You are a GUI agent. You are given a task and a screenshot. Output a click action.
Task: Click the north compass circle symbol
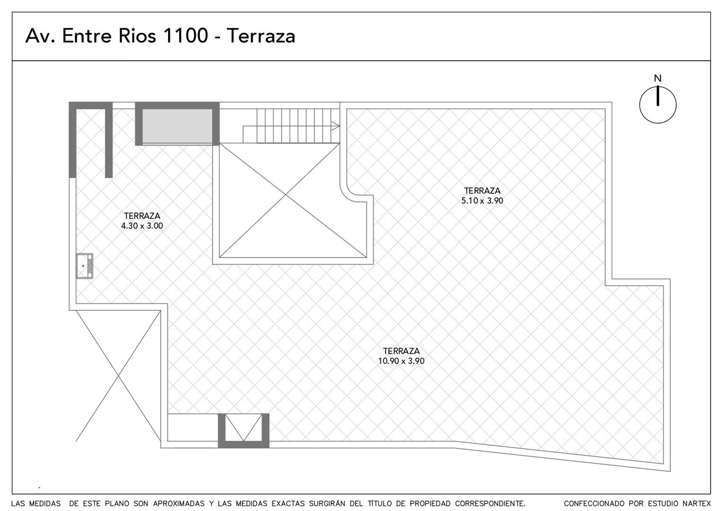[x=641, y=105]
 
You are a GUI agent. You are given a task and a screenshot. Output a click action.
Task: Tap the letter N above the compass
[x=658, y=78]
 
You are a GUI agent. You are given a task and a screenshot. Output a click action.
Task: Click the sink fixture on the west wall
[x=85, y=265]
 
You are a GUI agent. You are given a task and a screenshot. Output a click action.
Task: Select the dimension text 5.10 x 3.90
[x=482, y=201]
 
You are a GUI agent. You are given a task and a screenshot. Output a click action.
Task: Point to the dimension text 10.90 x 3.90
[x=401, y=361]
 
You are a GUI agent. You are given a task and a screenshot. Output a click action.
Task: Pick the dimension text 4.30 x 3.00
[x=142, y=226]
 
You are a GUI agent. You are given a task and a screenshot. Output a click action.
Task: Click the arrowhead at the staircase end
[x=335, y=126]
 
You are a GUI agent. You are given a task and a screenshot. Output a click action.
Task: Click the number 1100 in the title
[x=185, y=35]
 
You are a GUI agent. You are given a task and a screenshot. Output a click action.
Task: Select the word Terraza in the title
[x=261, y=36]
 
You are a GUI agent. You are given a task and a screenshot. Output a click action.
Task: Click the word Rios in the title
[x=137, y=35]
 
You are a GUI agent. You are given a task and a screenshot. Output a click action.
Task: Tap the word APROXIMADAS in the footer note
[x=178, y=503]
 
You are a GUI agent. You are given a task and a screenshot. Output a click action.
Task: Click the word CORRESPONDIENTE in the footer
[x=490, y=503]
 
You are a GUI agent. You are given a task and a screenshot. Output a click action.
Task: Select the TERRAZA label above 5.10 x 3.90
[x=482, y=191]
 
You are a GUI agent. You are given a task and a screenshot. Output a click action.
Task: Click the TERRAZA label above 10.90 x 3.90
[x=401, y=351]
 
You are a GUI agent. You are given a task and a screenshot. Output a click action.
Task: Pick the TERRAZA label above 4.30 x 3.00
[x=142, y=216]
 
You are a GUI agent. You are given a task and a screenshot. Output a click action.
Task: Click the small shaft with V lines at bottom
[x=244, y=430]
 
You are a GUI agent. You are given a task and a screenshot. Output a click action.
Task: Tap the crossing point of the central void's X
[x=286, y=194]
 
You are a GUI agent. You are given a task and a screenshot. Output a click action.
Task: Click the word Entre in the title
[x=87, y=35]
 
